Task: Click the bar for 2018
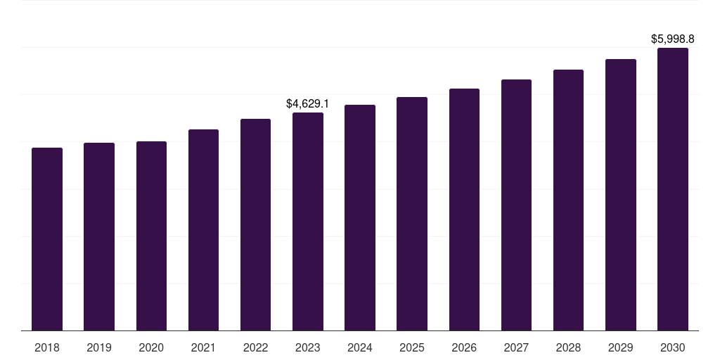tap(47, 239)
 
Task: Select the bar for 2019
tap(99, 236)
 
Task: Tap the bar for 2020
tap(151, 236)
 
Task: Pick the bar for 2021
tap(203, 230)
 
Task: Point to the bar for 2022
tap(255, 224)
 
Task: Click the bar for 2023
tap(308, 221)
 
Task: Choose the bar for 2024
tap(360, 217)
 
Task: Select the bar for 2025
tap(412, 214)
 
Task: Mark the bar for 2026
tap(464, 210)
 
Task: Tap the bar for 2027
tap(516, 205)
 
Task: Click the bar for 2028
tap(568, 200)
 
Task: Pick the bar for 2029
tap(621, 195)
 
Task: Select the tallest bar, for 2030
tap(673, 189)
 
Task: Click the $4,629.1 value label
tap(307, 103)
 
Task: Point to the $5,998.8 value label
tap(672, 39)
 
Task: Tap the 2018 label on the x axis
tap(47, 347)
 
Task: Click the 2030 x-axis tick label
tap(673, 347)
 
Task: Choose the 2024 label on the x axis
tap(360, 347)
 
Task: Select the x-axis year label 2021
tap(203, 347)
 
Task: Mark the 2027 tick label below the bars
tap(516, 347)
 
